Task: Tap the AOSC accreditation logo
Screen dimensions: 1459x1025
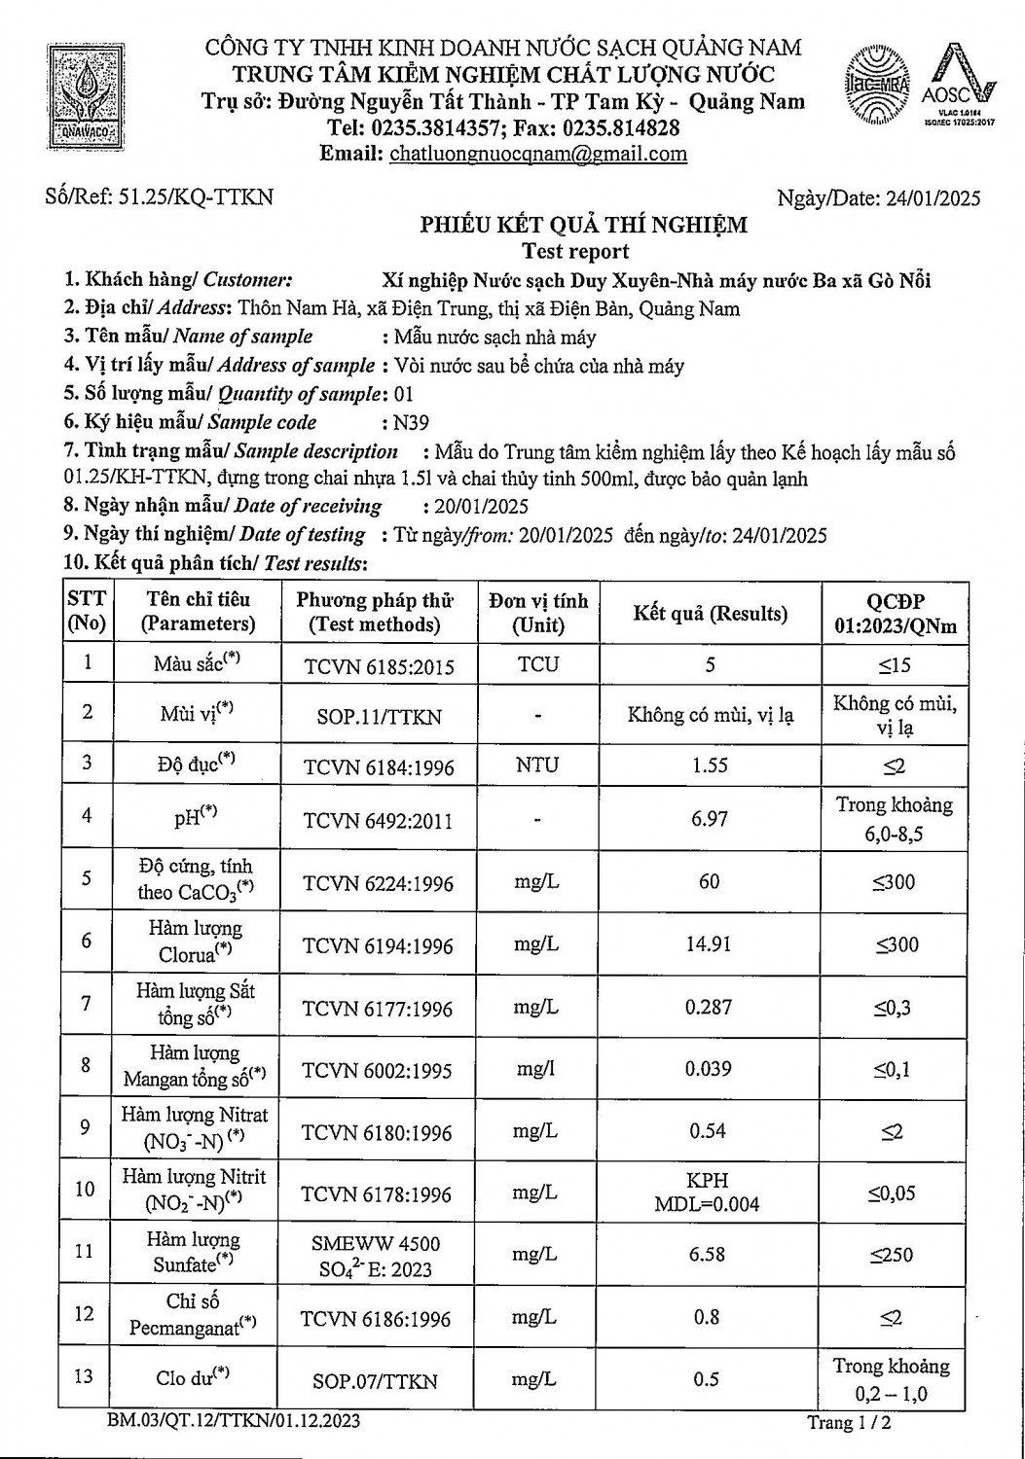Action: click(956, 86)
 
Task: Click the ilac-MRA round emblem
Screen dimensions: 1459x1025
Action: click(880, 85)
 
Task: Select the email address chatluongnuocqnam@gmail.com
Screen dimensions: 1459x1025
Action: click(537, 154)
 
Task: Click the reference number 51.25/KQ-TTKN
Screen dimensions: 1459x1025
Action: click(195, 197)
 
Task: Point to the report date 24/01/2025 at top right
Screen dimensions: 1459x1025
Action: click(933, 198)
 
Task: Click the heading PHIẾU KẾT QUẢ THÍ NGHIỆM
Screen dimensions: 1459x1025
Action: click(583, 226)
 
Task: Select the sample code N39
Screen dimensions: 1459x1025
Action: click(410, 422)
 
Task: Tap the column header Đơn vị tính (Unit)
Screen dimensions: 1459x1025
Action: click(538, 613)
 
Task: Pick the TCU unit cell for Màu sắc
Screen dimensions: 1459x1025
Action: click(538, 665)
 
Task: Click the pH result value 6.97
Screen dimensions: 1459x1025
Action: click(710, 819)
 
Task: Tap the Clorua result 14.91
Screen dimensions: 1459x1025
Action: click(709, 943)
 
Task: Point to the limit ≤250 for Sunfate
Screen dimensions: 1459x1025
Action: click(893, 1255)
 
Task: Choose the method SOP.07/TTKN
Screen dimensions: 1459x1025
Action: click(376, 1380)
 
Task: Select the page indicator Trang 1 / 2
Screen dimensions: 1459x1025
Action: click(850, 1423)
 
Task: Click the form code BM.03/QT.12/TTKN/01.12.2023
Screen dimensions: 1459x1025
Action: click(235, 1421)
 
